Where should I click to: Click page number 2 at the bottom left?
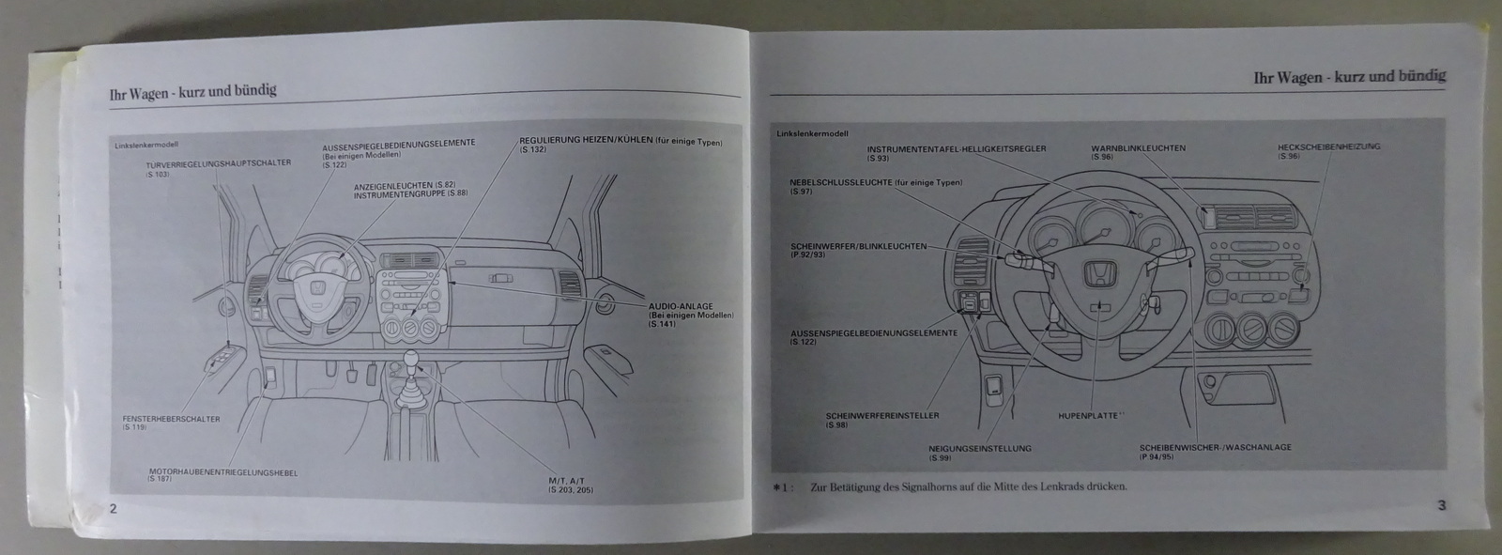pyautogui.click(x=112, y=510)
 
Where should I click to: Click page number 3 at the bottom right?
pyautogui.click(x=1441, y=505)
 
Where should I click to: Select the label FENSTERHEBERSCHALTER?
pyautogui.click(x=171, y=419)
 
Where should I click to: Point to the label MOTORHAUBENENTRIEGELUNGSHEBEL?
pyautogui.click(x=222, y=471)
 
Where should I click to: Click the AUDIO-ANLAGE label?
pyautogui.click(x=679, y=306)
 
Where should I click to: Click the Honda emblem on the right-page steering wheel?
pyautogui.click(x=1096, y=273)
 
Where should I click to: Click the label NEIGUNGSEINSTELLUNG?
pyautogui.click(x=980, y=448)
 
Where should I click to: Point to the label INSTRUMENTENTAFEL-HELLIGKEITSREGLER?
pyautogui.click(x=956, y=148)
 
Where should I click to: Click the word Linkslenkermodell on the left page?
pyautogui.click(x=146, y=145)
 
